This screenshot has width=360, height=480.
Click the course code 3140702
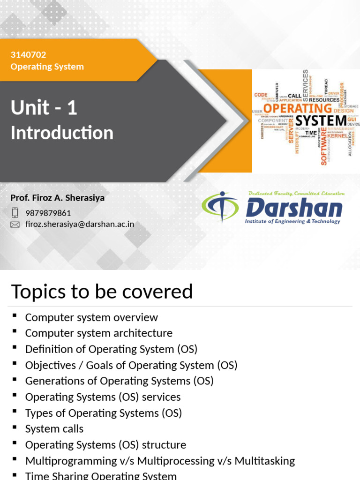coord(28,55)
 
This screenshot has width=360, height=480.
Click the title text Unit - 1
coord(44,108)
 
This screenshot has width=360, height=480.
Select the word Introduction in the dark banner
coord(62,133)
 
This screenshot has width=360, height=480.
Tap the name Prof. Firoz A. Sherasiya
coord(58,198)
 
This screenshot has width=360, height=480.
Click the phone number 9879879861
coord(48,213)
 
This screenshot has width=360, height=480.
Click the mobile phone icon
coord(15,213)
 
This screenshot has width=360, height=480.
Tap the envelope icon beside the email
coord(15,225)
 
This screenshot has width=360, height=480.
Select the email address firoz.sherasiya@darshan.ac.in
coord(80,224)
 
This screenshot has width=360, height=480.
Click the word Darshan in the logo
coord(294,208)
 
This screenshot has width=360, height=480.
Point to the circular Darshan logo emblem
coord(220,207)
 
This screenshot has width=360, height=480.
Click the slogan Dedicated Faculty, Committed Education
coord(296,193)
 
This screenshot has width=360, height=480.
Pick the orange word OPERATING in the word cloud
coord(298,108)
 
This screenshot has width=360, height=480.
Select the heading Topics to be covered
coord(102,292)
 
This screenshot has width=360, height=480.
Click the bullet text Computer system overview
coord(91,317)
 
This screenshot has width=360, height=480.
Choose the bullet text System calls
coord(54,429)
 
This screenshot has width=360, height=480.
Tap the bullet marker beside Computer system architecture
coord(15,332)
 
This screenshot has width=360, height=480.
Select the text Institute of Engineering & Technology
coord(292,221)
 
